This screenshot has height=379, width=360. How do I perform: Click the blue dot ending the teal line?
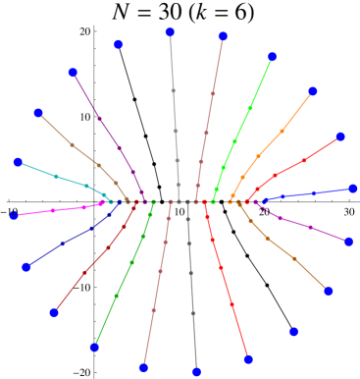[x=19, y=162]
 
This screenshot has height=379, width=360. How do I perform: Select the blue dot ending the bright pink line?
[x=14, y=215]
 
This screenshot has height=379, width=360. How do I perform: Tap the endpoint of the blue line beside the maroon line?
[x=26, y=267]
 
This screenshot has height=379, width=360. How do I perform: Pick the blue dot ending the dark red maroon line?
[x=54, y=312]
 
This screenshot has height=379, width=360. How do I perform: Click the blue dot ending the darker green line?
[x=95, y=347]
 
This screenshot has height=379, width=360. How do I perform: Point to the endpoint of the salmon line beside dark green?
[x=144, y=367]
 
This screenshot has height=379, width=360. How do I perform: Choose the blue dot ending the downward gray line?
[x=196, y=371]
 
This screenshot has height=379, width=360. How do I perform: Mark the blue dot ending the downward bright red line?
[x=248, y=359]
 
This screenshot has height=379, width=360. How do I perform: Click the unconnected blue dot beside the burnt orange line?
[x=293, y=332]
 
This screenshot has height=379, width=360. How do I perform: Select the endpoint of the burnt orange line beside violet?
[x=329, y=291]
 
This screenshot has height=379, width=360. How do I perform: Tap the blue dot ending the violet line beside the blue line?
[x=348, y=241]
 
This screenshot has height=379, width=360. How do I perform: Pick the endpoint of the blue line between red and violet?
[x=353, y=189]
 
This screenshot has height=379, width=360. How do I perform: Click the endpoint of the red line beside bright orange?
[x=340, y=136]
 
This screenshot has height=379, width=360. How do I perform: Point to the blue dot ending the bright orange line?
[x=313, y=91]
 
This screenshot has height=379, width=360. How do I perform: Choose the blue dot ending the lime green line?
[x=272, y=57]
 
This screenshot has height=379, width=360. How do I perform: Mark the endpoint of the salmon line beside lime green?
[x=223, y=36]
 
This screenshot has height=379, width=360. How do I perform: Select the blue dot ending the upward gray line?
[x=170, y=32]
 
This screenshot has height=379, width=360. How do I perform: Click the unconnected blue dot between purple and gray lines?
[x=119, y=44]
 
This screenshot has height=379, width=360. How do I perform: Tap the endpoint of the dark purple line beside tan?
[x=74, y=73]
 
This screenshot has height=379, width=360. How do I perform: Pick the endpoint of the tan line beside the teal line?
[x=38, y=113]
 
